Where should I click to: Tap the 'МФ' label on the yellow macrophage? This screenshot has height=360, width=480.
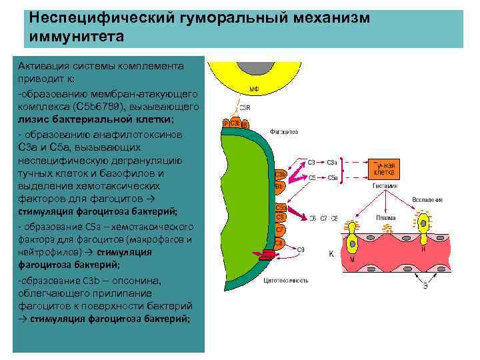[x=255, y=88]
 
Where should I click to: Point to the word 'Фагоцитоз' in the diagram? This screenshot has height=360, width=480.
[x=284, y=131]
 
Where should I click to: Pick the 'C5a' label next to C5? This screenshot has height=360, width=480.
[x=333, y=178]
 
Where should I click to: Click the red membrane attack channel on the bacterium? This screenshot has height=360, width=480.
[x=267, y=253]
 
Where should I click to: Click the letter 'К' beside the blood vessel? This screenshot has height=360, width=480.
[x=331, y=254]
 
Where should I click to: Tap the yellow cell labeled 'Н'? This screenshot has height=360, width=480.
[x=423, y=237]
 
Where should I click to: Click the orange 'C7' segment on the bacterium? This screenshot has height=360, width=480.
[x=281, y=229]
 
